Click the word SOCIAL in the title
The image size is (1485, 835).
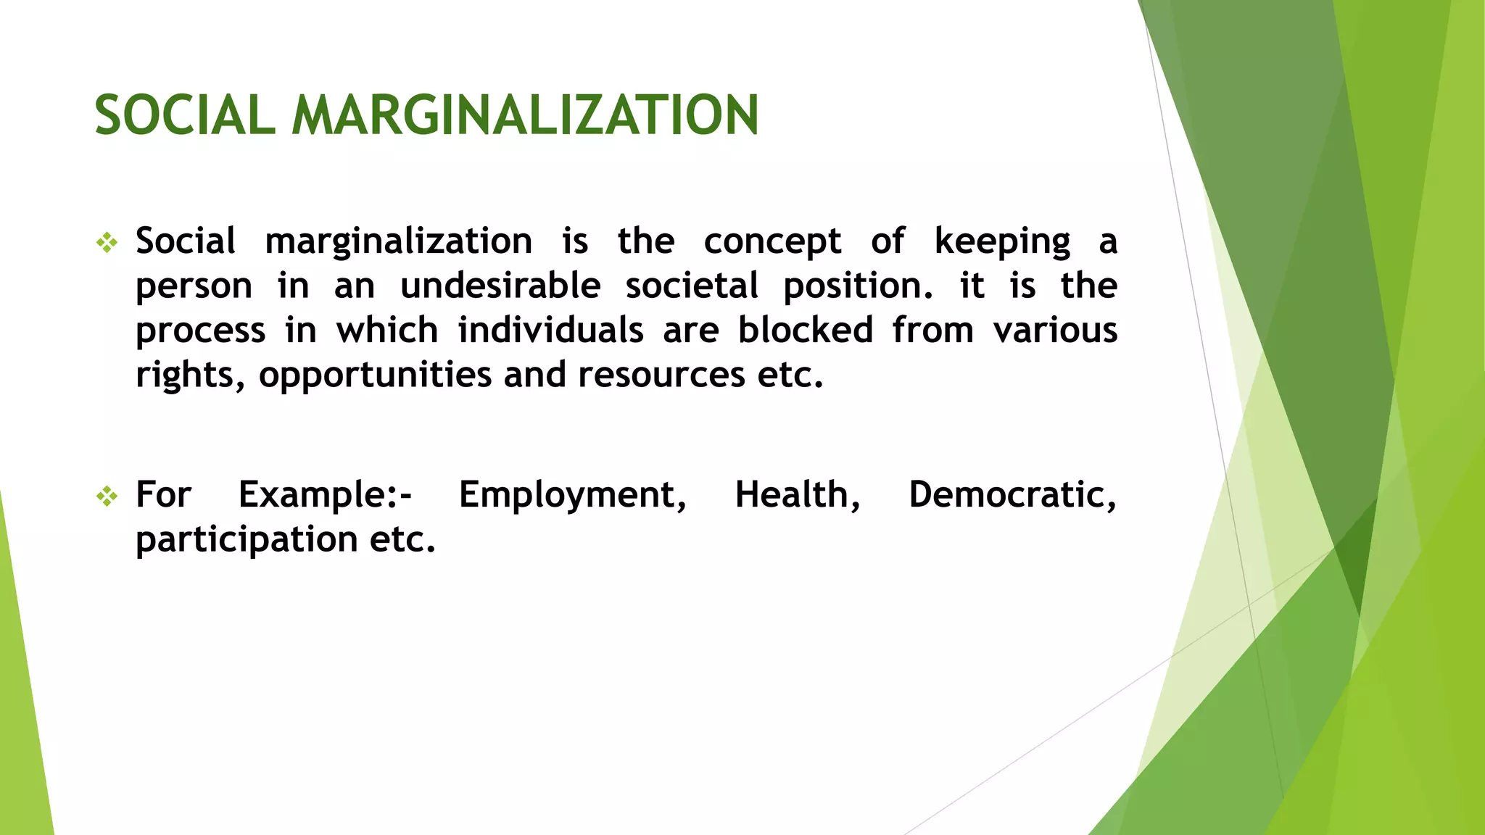tap(185, 116)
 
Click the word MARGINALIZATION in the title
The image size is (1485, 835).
tap(525, 116)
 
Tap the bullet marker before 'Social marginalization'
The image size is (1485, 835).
tap(107, 243)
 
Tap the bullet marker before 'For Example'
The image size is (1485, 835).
tap(107, 497)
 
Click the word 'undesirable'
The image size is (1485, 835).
tap(500, 286)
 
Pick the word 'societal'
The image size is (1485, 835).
tap(692, 286)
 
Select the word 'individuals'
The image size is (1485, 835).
tap(550, 331)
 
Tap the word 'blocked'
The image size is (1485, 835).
tap(806, 331)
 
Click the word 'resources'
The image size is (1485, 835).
tap(661, 375)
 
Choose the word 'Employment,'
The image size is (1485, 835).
tap(573, 497)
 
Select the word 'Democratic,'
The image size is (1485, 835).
tap(1012, 496)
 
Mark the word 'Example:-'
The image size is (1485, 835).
tap(325, 496)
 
